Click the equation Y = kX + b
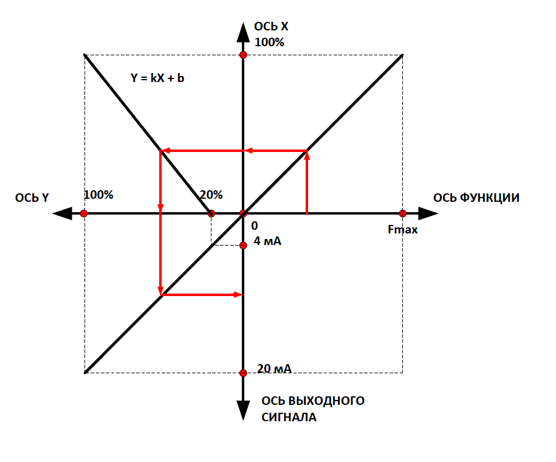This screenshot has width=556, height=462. point(157,78)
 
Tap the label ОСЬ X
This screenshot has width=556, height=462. point(271,26)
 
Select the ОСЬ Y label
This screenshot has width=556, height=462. point(32,198)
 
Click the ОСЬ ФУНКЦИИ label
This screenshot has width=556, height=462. point(476,198)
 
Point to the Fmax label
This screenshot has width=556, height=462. point(402,230)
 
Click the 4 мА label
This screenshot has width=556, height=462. point(267,241)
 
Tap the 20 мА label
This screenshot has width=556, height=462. point(274,368)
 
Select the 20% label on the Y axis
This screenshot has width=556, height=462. point(211,195)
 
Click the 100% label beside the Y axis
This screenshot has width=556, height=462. point(98,195)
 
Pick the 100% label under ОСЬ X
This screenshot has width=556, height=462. point(269,42)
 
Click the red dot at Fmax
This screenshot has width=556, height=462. point(402,213)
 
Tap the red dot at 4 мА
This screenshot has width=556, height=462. point(243,245)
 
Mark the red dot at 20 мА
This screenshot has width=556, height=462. point(243,373)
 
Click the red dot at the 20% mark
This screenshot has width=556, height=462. point(211,213)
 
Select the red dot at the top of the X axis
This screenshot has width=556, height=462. point(243,55)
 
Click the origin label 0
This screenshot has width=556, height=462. point(255,226)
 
